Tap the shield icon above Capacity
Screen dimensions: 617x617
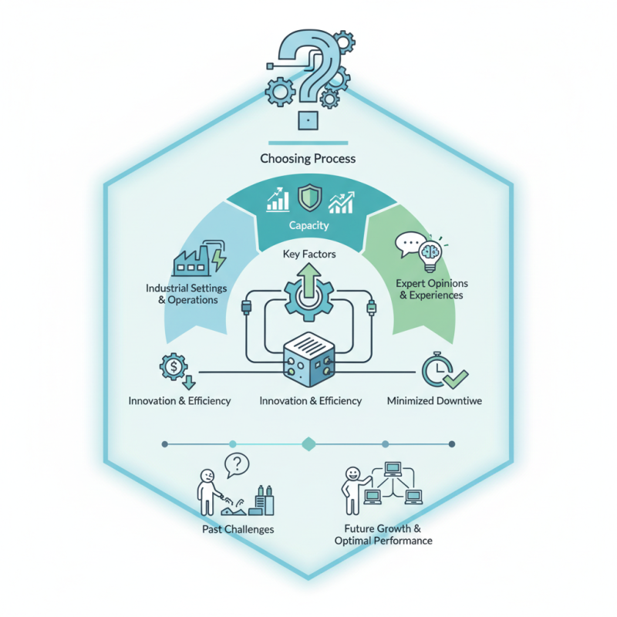pyautogui.click(x=308, y=198)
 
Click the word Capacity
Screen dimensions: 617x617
pyautogui.click(x=308, y=225)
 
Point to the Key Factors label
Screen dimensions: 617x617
pyautogui.click(x=308, y=253)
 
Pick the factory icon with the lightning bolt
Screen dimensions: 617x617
pyautogui.click(x=199, y=258)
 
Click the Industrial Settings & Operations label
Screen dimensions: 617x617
pyautogui.click(x=182, y=293)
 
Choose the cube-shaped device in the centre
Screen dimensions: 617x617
pyautogui.click(x=308, y=359)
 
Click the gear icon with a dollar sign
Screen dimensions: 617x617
pyautogui.click(x=176, y=367)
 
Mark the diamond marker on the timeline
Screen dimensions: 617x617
pyautogui.click(x=308, y=443)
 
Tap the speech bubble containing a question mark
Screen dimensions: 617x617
pyautogui.click(x=237, y=465)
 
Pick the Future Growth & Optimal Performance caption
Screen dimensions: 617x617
pyautogui.click(x=383, y=534)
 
